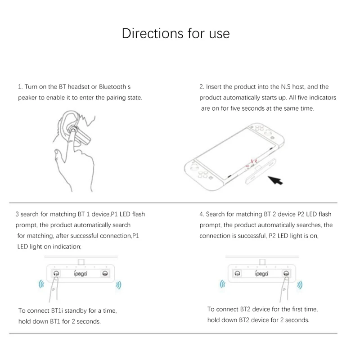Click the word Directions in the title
click(x=153, y=33)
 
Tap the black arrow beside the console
click(x=275, y=180)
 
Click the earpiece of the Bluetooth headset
click(x=73, y=130)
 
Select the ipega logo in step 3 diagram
click(x=81, y=274)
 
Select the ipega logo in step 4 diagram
click(x=261, y=274)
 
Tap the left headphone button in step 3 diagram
click(x=56, y=274)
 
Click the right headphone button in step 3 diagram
click(x=105, y=274)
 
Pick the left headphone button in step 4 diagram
click(x=238, y=274)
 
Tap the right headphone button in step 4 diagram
click(x=286, y=274)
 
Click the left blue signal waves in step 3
click(x=41, y=284)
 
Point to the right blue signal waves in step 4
click(x=299, y=285)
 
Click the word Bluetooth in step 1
click(x=112, y=87)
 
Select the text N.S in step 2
click(x=286, y=87)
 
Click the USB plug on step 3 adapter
click(x=81, y=262)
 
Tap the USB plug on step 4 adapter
click(x=262, y=262)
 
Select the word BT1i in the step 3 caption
click(x=57, y=310)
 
